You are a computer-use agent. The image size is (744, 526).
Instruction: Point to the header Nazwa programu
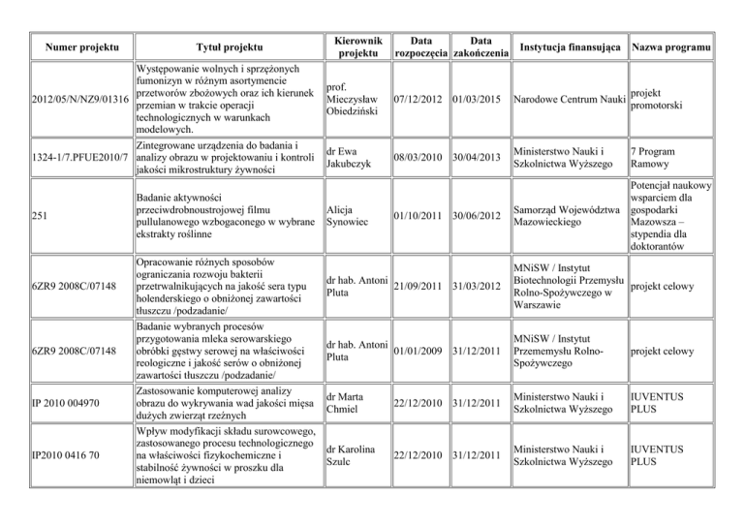point(670,48)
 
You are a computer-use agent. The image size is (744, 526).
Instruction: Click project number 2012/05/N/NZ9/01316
point(67,100)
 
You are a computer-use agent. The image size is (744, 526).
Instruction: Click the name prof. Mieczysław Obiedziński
point(353,100)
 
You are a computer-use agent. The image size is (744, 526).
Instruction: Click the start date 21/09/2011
point(418,284)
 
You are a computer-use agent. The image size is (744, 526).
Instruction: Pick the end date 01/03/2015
point(480,100)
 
